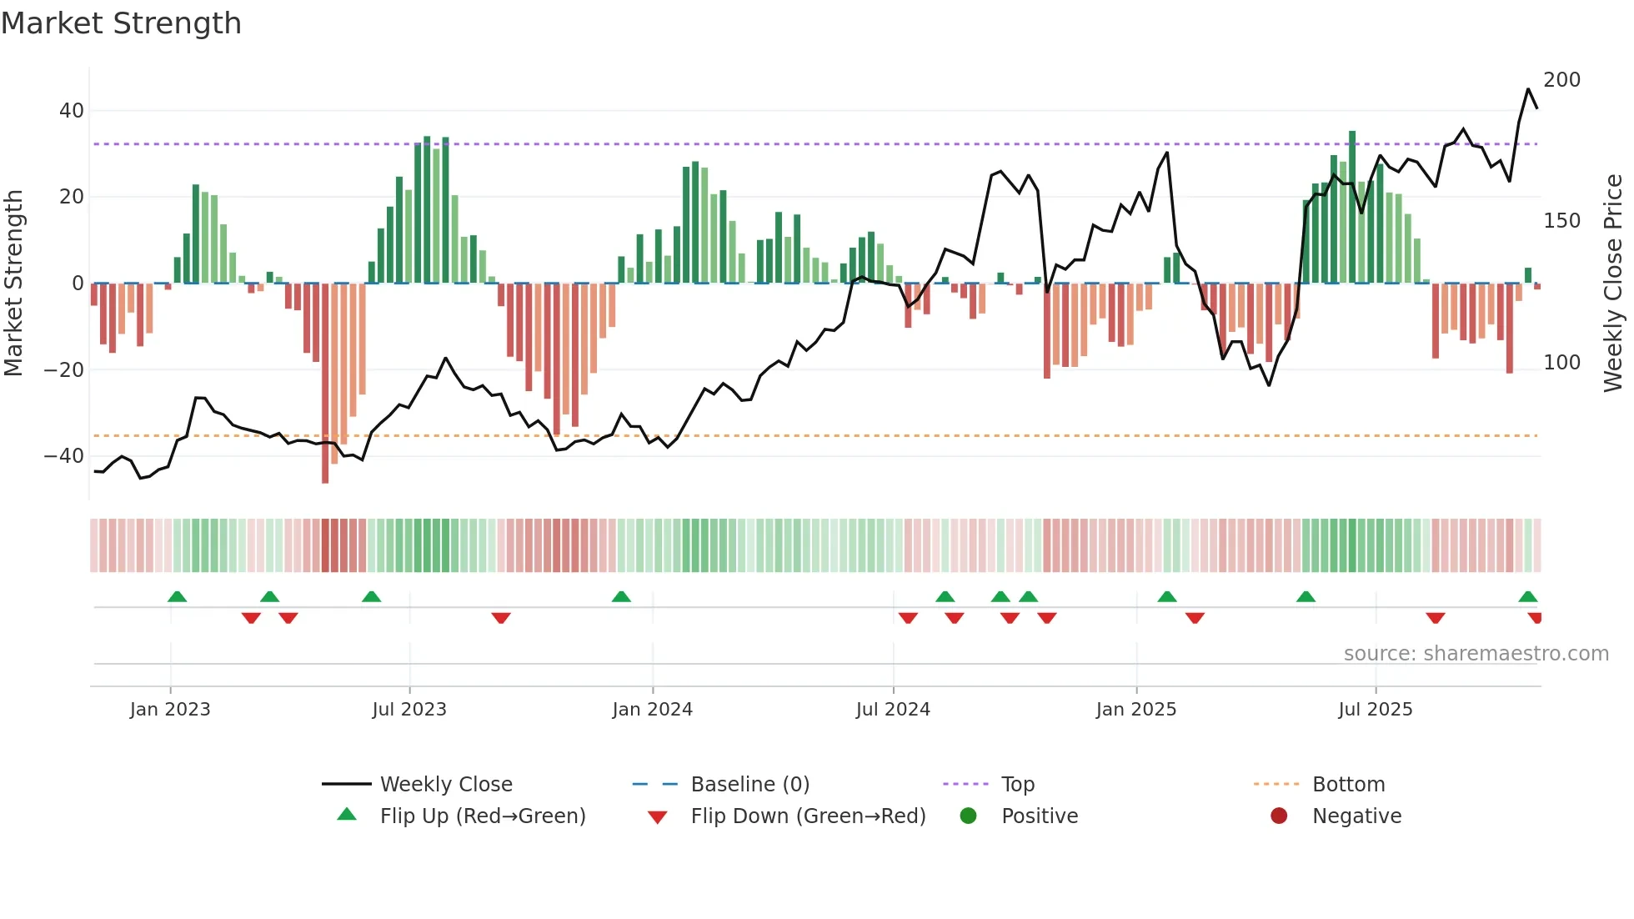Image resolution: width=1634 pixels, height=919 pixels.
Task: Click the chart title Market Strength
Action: click(x=121, y=23)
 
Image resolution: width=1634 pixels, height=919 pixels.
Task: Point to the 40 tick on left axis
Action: click(x=72, y=111)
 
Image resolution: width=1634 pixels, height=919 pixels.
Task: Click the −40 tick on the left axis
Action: click(x=64, y=456)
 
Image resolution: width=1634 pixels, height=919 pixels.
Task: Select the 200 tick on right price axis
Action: click(x=1561, y=80)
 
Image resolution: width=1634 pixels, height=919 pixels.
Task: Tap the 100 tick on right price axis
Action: click(x=1561, y=363)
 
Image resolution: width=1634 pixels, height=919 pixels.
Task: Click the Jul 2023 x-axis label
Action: click(x=409, y=710)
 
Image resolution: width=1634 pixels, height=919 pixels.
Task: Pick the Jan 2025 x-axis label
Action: click(x=1135, y=710)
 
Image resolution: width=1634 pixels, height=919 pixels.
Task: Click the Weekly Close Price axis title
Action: click(x=1613, y=284)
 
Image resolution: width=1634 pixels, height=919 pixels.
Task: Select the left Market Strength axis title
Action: click(x=13, y=284)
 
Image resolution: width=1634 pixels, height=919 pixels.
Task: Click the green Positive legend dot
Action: click(x=968, y=816)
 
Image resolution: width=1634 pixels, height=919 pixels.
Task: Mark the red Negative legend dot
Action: click(x=1279, y=816)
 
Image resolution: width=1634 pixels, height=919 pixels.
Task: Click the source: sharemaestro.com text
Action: click(x=1476, y=654)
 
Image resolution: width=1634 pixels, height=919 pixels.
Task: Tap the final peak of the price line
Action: click(x=1528, y=89)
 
